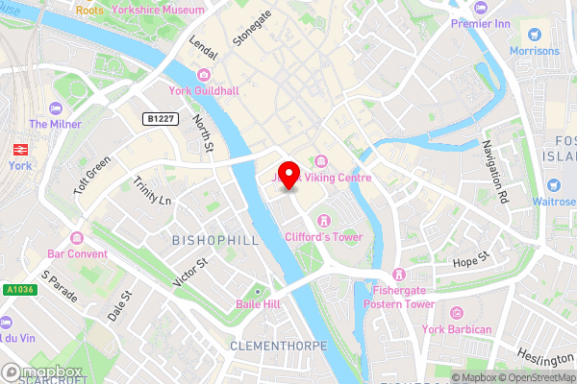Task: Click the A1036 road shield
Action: [x=19, y=289]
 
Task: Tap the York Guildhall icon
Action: [x=203, y=75]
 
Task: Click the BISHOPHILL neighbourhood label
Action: [x=216, y=240]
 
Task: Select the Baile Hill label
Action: [x=257, y=304]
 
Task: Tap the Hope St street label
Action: [x=471, y=261]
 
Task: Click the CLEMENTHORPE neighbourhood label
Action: [x=279, y=345]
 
